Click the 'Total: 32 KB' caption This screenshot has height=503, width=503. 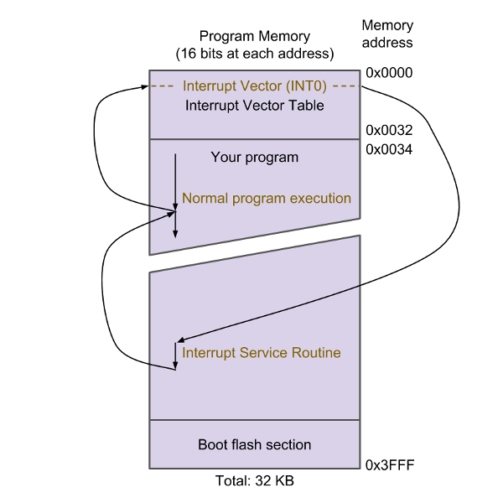tap(255, 480)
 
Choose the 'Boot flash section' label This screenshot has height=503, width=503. tap(255, 444)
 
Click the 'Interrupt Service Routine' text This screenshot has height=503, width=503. tap(262, 353)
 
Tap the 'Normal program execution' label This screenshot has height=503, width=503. tap(267, 199)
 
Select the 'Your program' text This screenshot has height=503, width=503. tap(255, 157)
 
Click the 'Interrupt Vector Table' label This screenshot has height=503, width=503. tap(255, 106)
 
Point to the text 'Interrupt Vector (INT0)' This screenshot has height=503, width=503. tap(255, 86)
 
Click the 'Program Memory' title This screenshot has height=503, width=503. tap(255, 36)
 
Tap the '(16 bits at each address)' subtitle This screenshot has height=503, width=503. tap(255, 54)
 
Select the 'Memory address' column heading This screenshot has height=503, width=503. tap(387, 34)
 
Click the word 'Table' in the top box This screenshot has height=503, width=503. tap(307, 106)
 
